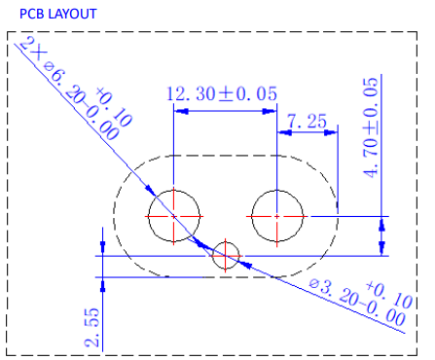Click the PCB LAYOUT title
coord(58,14)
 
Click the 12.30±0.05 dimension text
coord(222,93)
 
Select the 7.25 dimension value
coord(307,122)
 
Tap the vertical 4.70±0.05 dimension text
coord(371,127)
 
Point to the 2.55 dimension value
coord(91,327)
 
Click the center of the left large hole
coord(174,216)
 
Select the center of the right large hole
coord(277,216)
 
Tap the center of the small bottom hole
coord(226,256)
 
